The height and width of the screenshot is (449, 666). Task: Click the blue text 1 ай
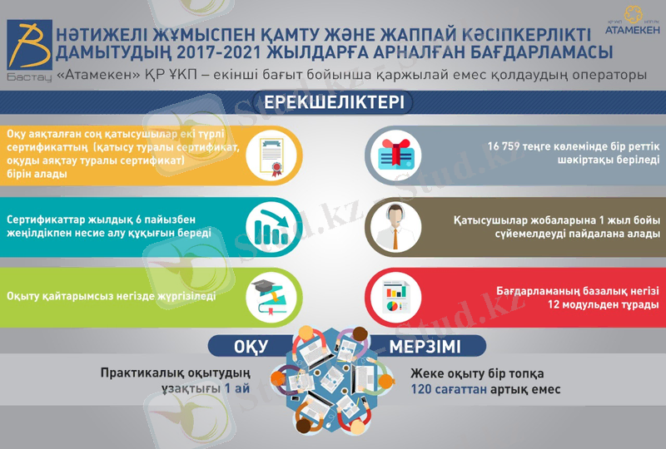[x=238, y=388]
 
